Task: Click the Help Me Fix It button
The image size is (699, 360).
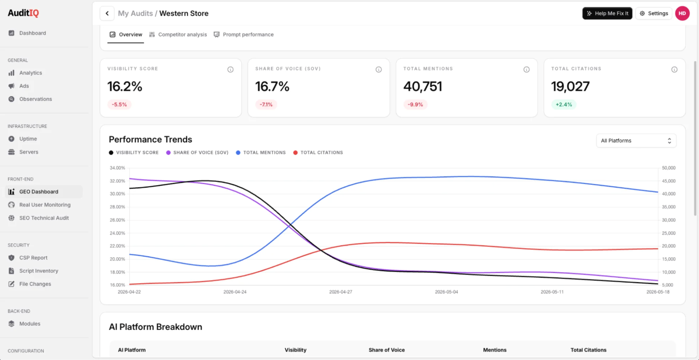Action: pyautogui.click(x=607, y=13)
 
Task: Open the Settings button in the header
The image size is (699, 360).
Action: pyautogui.click(x=654, y=13)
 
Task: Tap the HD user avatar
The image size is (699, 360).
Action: pyautogui.click(x=682, y=13)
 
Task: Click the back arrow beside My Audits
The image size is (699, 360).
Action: pyautogui.click(x=107, y=13)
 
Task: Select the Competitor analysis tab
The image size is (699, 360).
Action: pyautogui.click(x=178, y=35)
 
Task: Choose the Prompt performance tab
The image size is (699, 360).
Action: pyautogui.click(x=244, y=35)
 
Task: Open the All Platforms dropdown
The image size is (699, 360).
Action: pyautogui.click(x=636, y=141)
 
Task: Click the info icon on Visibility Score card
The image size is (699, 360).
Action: pyautogui.click(x=230, y=70)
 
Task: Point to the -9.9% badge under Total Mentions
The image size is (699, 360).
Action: pyautogui.click(x=415, y=105)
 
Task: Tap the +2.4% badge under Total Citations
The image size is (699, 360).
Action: pyautogui.click(x=564, y=105)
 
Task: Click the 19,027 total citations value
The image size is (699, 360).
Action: pyautogui.click(x=570, y=86)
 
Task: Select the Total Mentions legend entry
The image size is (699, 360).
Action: pyautogui.click(x=261, y=152)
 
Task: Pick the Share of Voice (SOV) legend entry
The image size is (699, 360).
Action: pyautogui.click(x=197, y=152)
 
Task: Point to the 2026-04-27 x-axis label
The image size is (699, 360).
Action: pyautogui.click(x=341, y=292)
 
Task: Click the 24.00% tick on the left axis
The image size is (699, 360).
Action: pyautogui.click(x=117, y=233)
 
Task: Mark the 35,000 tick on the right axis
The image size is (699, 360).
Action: pyautogui.click(x=669, y=207)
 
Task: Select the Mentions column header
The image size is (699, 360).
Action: pyautogui.click(x=495, y=350)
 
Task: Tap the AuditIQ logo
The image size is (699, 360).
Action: pyautogui.click(x=23, y=13)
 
